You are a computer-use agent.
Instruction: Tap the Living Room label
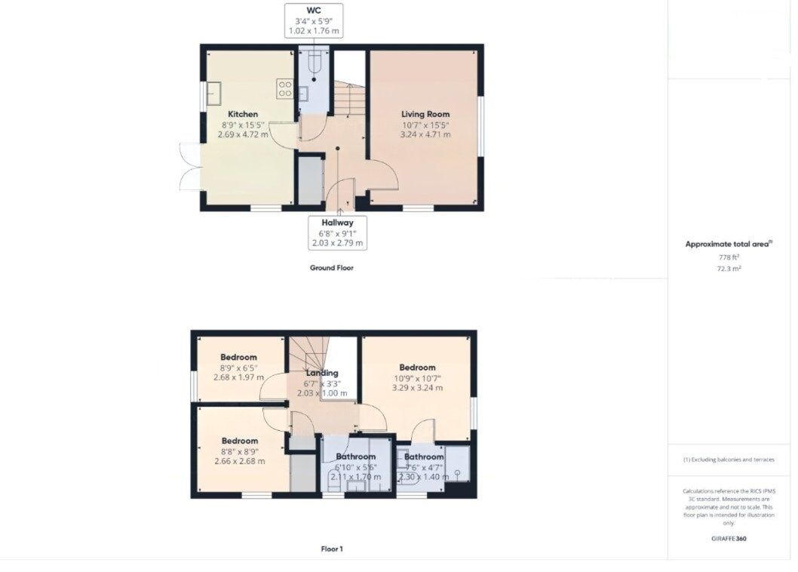click(x=425, y=115)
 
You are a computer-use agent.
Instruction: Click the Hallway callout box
click(x=337, y=232)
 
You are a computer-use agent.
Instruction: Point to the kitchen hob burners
click(x=285, y=89)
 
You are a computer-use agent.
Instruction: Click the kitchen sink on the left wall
click(x=213, y=94)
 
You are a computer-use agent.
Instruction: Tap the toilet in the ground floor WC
click(x=315, y=66)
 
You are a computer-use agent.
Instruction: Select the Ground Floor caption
click(x=331, y=268)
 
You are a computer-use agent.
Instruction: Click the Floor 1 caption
click(x=331, y=549)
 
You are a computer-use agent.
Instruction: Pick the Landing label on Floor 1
click(x=322, y=373)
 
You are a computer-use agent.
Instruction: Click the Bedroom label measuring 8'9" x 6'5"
click(x=238, y=358)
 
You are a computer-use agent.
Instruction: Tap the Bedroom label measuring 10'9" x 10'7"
click(x=417, y=368)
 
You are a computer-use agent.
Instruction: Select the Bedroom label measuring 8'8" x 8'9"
click(x=239, y=441)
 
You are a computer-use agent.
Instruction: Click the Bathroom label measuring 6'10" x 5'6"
click(x=356, y=457)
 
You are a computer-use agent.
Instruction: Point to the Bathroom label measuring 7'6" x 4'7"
click(x=424, y=457)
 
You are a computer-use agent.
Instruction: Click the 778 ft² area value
click(x=728, y=257)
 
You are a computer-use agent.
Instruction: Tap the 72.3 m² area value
click(x=728, y=269)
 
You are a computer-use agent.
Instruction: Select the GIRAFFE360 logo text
click(x=728, y=539)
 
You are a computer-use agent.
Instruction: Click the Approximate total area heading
click(x=728, y=244)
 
